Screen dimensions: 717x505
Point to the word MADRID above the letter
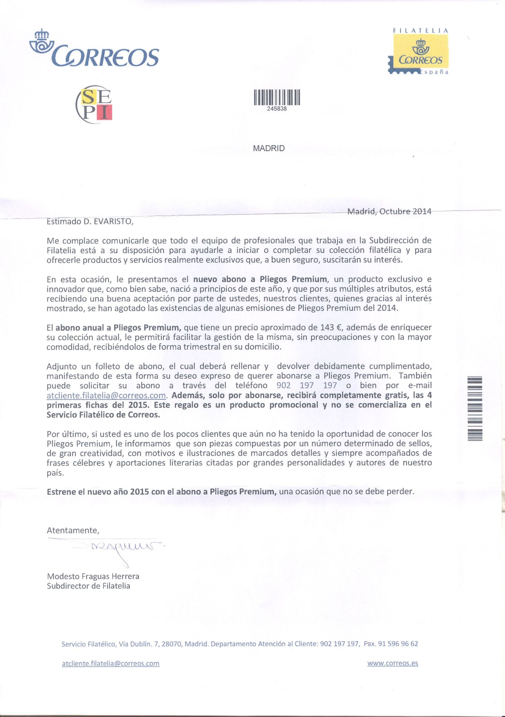tap(269, 148)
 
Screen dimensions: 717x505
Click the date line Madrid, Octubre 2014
tap(389, 212)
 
